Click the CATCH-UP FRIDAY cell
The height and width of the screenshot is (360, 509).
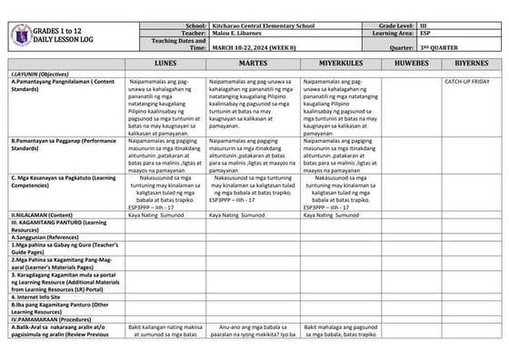click(467, 82)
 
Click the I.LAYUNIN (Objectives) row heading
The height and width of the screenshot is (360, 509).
click(42, 75)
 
